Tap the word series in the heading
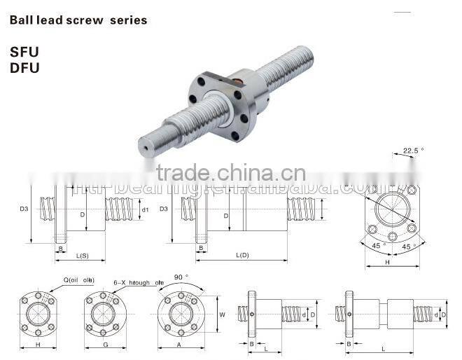128,20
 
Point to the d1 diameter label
146,209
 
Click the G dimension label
103,345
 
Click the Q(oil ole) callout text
78,280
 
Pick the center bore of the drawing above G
103,314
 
